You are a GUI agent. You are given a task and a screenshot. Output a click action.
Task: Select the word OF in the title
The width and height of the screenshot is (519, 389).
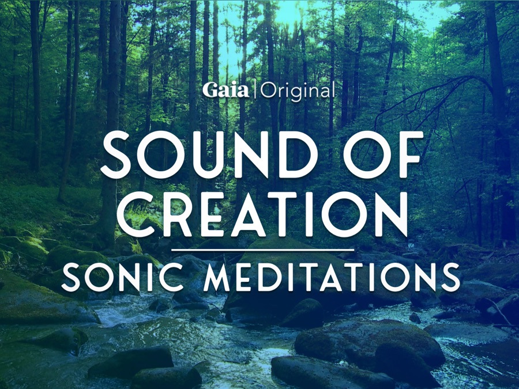385,154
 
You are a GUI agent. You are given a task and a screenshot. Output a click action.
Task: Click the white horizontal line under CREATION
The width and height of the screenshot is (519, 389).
263,250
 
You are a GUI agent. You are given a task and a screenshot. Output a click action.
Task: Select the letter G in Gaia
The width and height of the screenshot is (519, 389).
210,90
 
